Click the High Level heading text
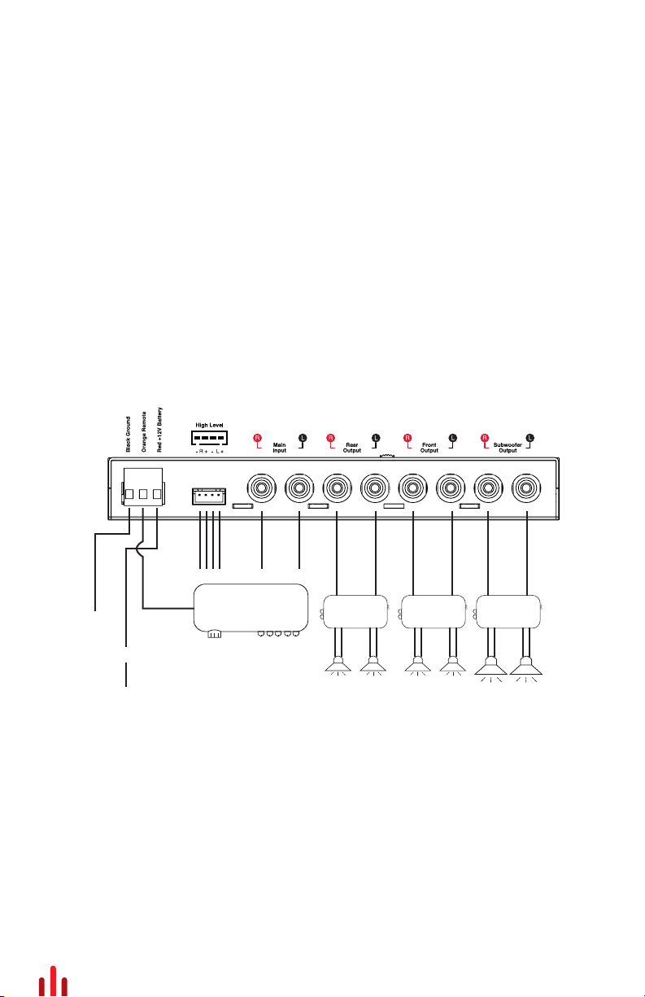click(209, 425)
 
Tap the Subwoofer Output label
click(508, 447)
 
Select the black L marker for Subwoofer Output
click(530, 437)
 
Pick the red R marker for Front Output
click(407, 437)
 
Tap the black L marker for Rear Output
click(376, 437)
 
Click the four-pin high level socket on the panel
click(209, 495)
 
